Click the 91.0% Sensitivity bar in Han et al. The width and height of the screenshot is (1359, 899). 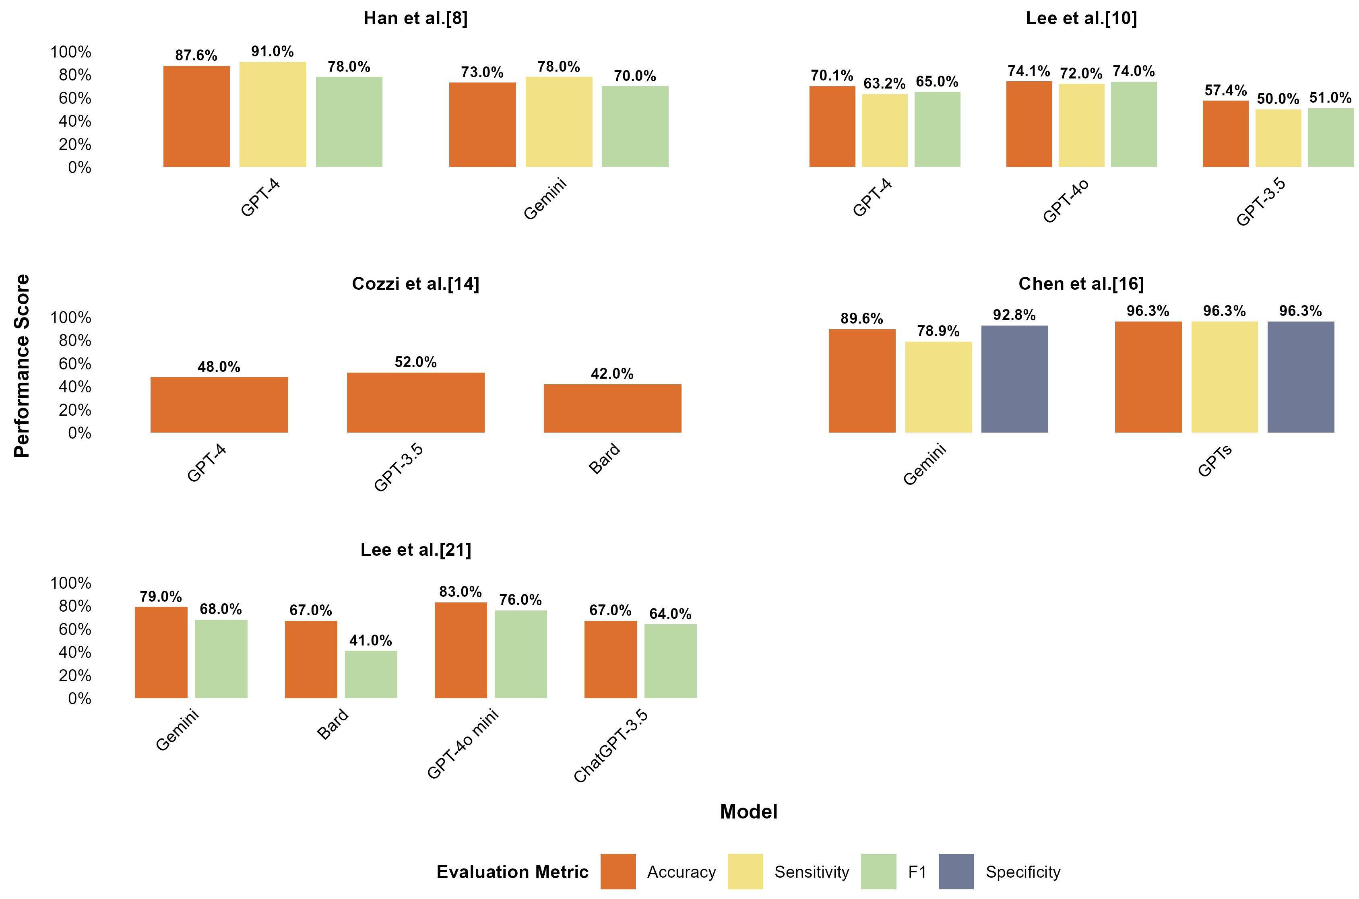coord(273,115)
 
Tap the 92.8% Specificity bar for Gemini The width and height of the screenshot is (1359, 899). coord(1014,379)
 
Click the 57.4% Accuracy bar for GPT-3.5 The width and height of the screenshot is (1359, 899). coord(1225,134)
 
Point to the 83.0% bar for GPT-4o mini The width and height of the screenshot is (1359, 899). coord(461,650)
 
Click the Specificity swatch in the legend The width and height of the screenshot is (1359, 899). coord(956,872)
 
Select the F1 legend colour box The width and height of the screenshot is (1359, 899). coord(878,872)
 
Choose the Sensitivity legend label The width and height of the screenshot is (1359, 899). coord(812,872)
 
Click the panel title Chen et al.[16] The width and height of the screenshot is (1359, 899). coord(1081,284)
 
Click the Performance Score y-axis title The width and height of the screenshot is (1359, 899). coord(22,366)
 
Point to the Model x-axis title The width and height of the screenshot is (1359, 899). coord(748,811)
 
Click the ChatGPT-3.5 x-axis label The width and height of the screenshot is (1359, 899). coord(611,745)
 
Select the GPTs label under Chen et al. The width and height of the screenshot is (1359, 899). coord(1214,461)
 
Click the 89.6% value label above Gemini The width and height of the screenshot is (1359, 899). coord(861,319)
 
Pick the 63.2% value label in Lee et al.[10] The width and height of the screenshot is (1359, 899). coord(884,84)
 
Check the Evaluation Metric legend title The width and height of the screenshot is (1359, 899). coord(512,872)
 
